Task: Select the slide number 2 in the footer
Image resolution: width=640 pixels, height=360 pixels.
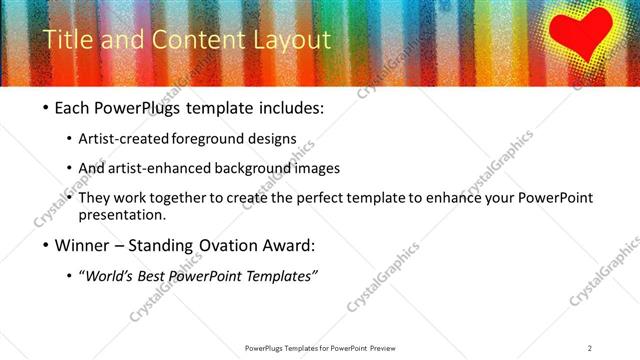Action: (x=589, y=348)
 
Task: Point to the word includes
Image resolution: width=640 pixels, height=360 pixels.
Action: (x=287, y=105)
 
